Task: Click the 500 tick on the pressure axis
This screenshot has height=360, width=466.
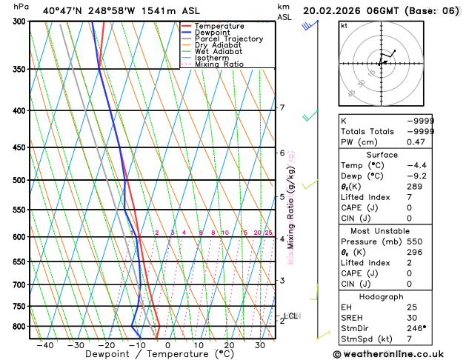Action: (x=19, y=180)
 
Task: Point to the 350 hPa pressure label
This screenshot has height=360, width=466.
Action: (x=19, y=69)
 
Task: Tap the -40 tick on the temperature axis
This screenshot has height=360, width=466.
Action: (x=45, y=344)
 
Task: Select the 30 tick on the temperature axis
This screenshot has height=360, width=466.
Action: (x=261, y=344)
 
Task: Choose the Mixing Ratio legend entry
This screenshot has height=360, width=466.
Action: (x=219, y=64)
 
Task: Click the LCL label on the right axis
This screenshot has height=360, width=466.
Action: (x=291, y=316)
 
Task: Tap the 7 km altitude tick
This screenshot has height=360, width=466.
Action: (x=282, y=107)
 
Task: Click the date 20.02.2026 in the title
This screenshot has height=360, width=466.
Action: (x=342, y=10)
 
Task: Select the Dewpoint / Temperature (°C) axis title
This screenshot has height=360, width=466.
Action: (x=149, y=354)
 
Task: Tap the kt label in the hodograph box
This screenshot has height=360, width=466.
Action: (x=344, y=25)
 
